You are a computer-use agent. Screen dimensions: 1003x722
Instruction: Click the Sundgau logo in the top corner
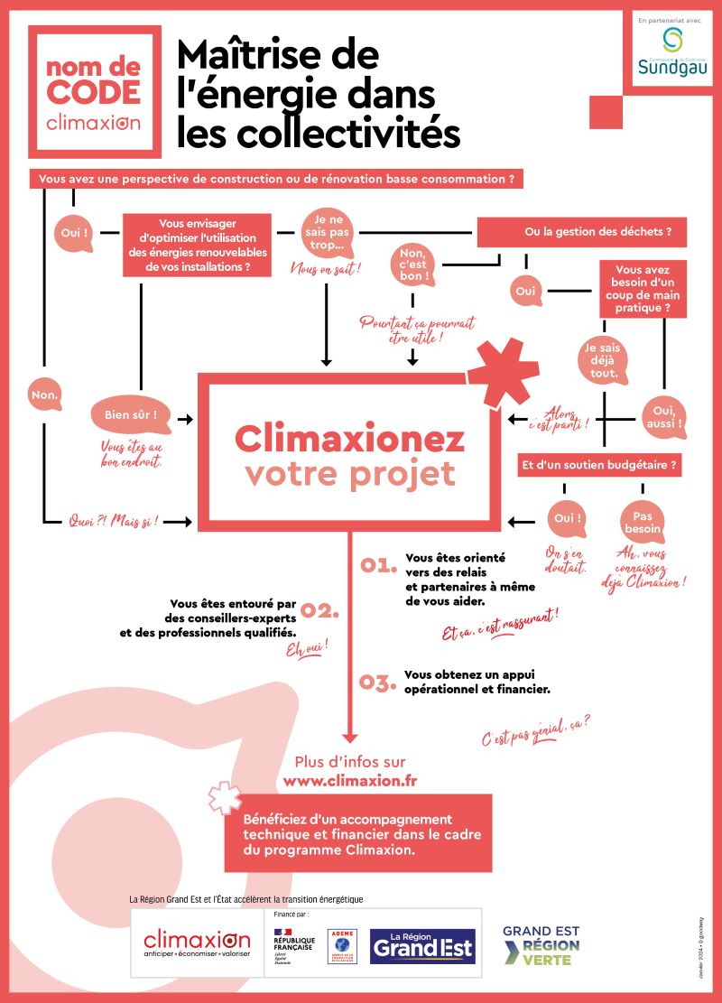[672, 51]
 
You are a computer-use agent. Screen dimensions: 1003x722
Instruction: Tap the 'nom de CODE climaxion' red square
[95, 92]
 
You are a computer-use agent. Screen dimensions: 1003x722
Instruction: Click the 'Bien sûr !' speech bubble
[130, 416]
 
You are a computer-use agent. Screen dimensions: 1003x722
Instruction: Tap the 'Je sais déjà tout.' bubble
[602, 359]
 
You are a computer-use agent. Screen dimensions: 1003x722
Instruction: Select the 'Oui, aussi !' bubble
[663, 416]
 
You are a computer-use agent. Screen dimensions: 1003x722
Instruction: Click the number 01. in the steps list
[379, 565]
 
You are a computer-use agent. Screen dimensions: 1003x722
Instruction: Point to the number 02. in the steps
[319, 611]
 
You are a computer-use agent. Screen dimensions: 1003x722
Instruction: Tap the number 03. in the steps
[379, 682]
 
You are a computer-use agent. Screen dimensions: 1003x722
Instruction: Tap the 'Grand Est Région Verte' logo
[541, 945]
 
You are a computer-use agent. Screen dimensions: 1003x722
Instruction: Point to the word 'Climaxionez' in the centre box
[350, 440]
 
